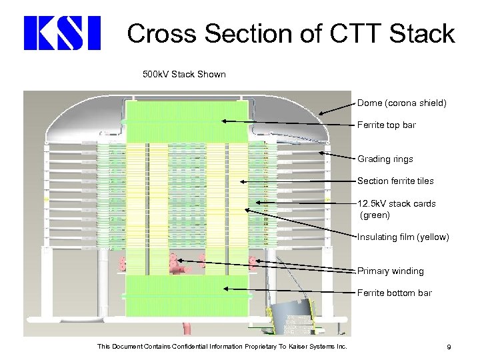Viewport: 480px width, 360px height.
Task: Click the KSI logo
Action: click(x=61, y=33)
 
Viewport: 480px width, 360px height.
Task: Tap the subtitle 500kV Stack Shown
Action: click(x=185, y=74)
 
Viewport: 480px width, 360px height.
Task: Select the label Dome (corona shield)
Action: click(x=401, y=103)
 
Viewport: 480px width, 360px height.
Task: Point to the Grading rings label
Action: click(x=385, y=159)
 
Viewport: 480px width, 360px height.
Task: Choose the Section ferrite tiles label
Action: click(x=395, y=181)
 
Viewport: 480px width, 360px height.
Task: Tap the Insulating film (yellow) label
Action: click(x=403, y=237)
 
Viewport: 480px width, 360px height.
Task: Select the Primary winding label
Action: click(x=390, y=271)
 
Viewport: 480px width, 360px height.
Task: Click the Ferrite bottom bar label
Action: click(x=394, y=293)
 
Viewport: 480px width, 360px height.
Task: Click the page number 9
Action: click(x=449, y=347)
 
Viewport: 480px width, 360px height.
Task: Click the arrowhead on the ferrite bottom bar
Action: click(x=227, y=289)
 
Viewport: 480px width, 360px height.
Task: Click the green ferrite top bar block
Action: click(x=187, y=121)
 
